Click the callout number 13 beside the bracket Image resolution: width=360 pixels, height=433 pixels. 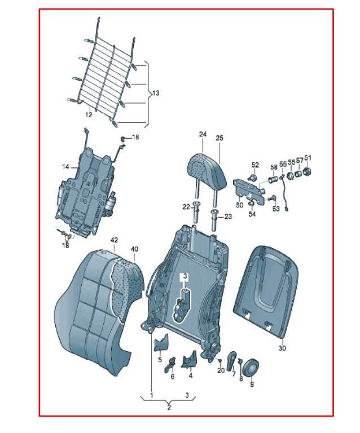coord(156,93)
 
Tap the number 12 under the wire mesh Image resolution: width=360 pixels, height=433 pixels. coord(89,114)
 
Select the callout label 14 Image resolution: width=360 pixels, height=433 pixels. coord(65,167)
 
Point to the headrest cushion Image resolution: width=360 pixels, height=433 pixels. coord(207,170)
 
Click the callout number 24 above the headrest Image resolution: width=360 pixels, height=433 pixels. coord(203,134)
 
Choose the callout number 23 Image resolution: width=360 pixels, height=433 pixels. coord(228,216)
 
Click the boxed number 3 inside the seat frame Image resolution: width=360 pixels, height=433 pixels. coord(185,276)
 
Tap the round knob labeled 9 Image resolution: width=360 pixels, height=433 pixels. coord(251,368)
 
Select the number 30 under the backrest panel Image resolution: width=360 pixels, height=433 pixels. coord(282,348)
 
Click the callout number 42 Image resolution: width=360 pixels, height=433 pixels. coord(114,240)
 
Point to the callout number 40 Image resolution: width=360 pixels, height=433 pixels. coord(134,249)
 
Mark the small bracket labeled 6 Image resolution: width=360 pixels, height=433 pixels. coord(170,364)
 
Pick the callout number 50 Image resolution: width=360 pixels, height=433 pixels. coord(240,205)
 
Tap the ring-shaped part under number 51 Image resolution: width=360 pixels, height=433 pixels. coord(307,171)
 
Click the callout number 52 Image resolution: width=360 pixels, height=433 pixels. coord(255,165)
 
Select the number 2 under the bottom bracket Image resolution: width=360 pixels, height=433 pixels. coord(169,407)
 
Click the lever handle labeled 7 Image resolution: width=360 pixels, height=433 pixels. coord(231,361)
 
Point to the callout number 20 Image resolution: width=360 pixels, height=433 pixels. coord(221,370)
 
